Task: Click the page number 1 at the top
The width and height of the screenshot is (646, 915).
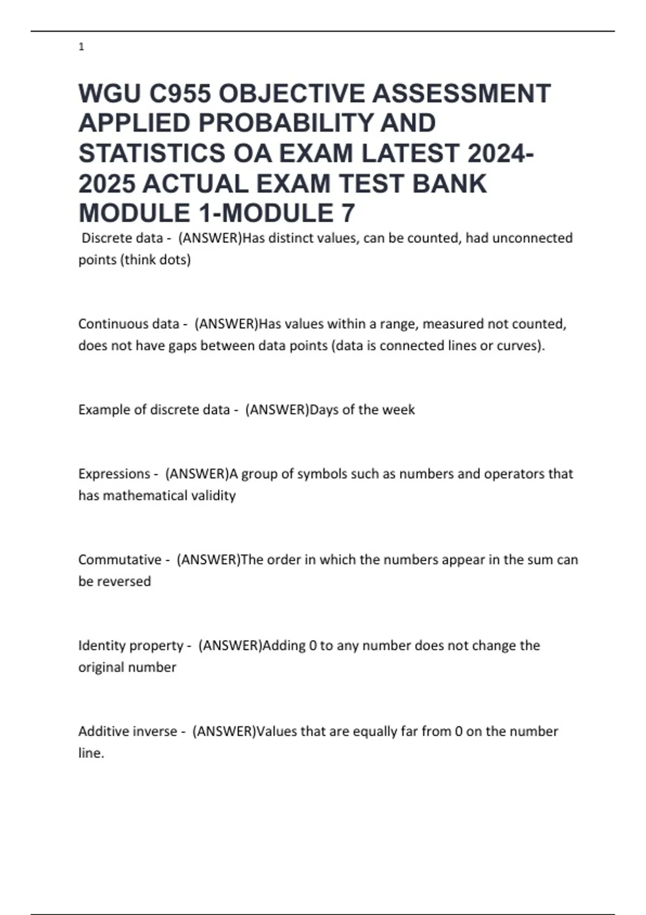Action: tap(81, 47)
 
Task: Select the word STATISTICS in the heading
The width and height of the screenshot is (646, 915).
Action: tap(152, 153)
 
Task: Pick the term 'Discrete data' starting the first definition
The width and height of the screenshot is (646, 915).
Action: tap(122, 238)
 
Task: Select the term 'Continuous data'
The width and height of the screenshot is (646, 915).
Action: tap(129, 324)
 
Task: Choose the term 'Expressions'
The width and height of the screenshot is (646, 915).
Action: tap(114, 474)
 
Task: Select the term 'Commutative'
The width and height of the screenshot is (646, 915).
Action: tap(120, 560)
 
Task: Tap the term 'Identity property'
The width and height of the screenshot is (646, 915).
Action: tap(131, 645)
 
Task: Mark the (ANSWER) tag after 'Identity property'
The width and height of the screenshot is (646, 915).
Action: tap(230, 645)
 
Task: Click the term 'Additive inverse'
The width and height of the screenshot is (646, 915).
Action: tap(128, 731)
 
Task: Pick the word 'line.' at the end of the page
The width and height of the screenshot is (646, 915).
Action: tap(91, 753)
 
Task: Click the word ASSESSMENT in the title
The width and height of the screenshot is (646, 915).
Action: tap(461, 93)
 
